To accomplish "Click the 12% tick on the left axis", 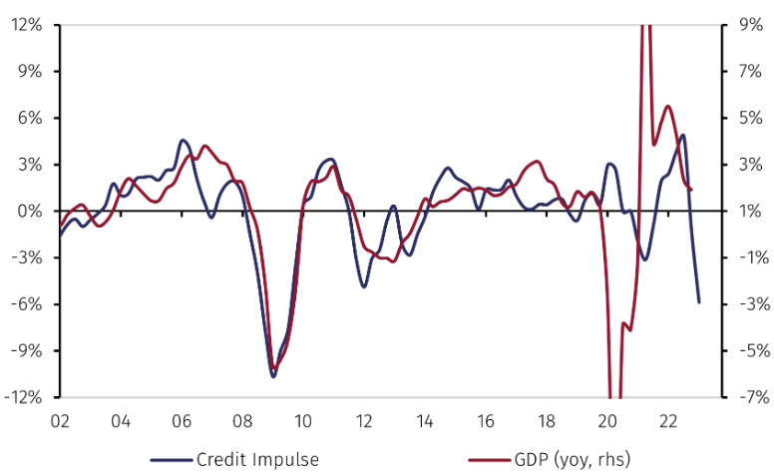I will point(25,25).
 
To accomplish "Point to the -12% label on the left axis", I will point(22,397).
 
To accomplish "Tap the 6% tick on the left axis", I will point(29,118).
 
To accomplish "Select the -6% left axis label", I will point(26,304).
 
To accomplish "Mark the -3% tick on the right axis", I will point(747,304).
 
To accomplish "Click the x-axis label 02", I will point(60,420).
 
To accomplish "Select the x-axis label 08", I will point(242,420).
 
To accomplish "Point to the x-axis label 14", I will point(425,420).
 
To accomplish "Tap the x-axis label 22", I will point(668,420).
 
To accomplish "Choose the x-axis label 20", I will point(607,420).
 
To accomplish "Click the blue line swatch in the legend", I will point(171,460).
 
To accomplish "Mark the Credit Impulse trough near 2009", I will point(273,376).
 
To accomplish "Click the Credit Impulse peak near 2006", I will point(183,141).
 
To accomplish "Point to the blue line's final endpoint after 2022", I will point(698,301).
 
